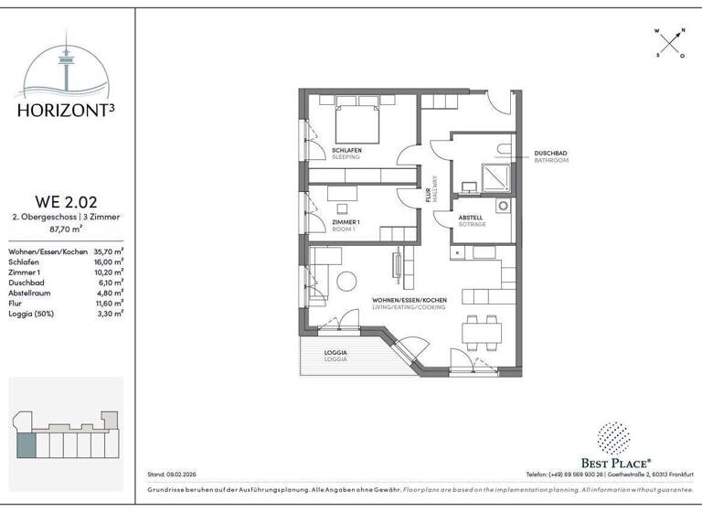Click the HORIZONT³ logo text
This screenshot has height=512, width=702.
[x=67, y=111]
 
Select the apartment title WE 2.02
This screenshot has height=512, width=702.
[x=66, y=202]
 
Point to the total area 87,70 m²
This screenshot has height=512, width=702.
[x=66, y=229]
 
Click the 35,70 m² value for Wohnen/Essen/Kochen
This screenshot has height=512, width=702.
[x=110, y=251]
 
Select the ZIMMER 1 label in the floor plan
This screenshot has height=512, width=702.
[x=346, y=222]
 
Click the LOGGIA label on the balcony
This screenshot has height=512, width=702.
[x=336, y=353]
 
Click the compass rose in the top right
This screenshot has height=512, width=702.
[x=669, y=42]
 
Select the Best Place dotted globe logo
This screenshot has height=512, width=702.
[x=615, y=438]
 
